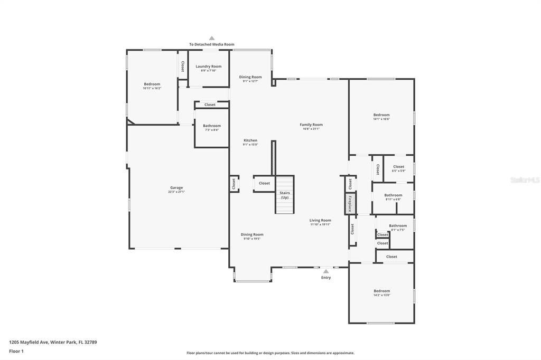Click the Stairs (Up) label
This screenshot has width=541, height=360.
(285, 195)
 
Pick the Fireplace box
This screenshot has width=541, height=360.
(350, 203)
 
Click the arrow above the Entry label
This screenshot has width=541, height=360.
(326, 271)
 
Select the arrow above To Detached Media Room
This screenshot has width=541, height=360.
(211, 38)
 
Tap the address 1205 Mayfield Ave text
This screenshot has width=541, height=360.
(53, 342)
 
